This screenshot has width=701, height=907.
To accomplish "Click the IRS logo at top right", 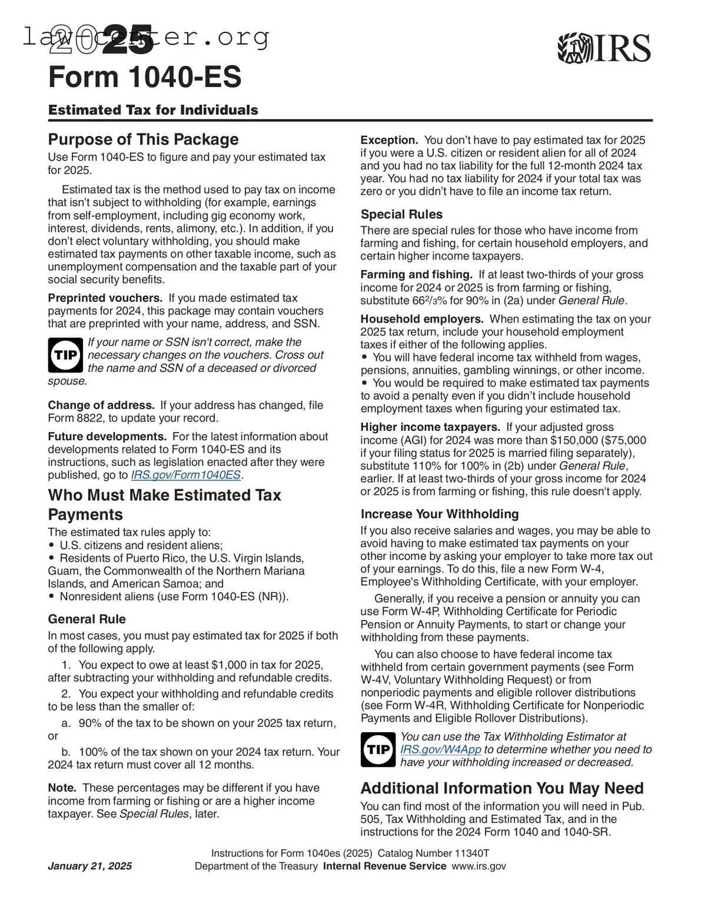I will [604, 48].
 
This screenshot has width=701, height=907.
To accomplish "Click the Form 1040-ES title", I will [145, 77].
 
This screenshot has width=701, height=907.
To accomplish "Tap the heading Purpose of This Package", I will [143, 139].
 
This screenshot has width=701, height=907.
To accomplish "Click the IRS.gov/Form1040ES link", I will [185, 475].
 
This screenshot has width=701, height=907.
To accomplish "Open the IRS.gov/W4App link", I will [440, 749].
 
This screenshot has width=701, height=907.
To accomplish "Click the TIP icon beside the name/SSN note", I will [65, 356].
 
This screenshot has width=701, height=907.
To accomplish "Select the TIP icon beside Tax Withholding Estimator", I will [378, 749].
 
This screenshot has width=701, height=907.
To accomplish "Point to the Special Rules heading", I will [401, 214].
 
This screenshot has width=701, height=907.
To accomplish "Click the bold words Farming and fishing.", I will [416, 275].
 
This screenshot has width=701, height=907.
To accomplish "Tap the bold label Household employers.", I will [421, 319].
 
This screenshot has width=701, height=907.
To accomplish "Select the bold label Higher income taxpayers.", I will [430, 427].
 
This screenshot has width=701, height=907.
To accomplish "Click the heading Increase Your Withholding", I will [439, 514].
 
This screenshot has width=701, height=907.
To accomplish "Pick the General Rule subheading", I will [87, 619].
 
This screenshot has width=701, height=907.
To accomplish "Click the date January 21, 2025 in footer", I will [89, 866].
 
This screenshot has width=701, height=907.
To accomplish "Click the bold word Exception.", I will [388, 140].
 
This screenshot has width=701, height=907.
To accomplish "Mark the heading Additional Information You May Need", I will [501, 788].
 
